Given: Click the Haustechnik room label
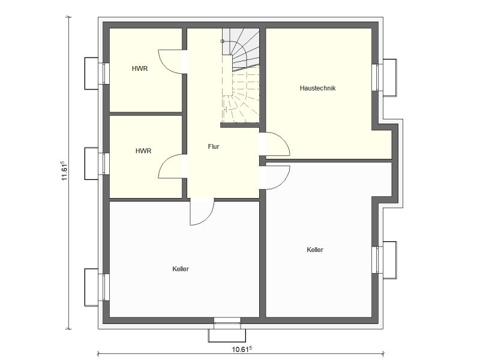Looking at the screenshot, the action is coord(317,88).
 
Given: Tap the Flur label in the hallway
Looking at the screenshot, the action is coord(214,146).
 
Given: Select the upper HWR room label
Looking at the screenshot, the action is coord(140,68).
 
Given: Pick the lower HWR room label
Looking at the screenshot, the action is coord(143,151).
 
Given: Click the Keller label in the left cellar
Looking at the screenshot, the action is coord(181,269).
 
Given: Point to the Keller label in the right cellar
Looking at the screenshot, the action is coord(315,250).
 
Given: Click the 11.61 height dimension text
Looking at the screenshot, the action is coord(64,170).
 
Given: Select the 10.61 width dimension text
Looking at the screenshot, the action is coord(242,349).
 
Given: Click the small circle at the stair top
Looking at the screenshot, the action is coord(223,41).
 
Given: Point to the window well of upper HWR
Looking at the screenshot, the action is coord(91,73).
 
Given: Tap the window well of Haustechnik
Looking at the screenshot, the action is coord(390,77).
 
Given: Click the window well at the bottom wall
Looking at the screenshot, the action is coord(227,335).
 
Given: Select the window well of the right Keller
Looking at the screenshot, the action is coord(390,260).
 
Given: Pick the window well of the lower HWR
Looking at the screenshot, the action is coord(91,163).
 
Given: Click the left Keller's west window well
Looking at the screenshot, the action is coord(91,287).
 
